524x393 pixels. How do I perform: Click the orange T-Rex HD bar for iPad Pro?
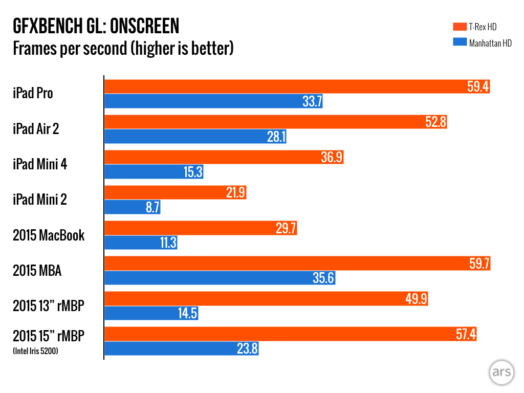pos(297,86)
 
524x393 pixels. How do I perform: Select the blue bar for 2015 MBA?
pos(220,278)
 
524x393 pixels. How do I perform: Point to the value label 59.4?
pos(478,86)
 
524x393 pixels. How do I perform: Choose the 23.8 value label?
pos(247,349)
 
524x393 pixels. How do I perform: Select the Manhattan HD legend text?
pos(490,43)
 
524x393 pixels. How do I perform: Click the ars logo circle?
pos(501,372)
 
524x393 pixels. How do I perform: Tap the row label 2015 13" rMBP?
pos(48,306)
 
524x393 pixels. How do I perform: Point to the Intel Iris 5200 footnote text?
pos(35,351)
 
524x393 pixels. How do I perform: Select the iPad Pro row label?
pos(33,94)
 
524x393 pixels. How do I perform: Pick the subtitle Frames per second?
pos(123,49)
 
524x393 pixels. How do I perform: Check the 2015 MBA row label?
pos(37,271)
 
